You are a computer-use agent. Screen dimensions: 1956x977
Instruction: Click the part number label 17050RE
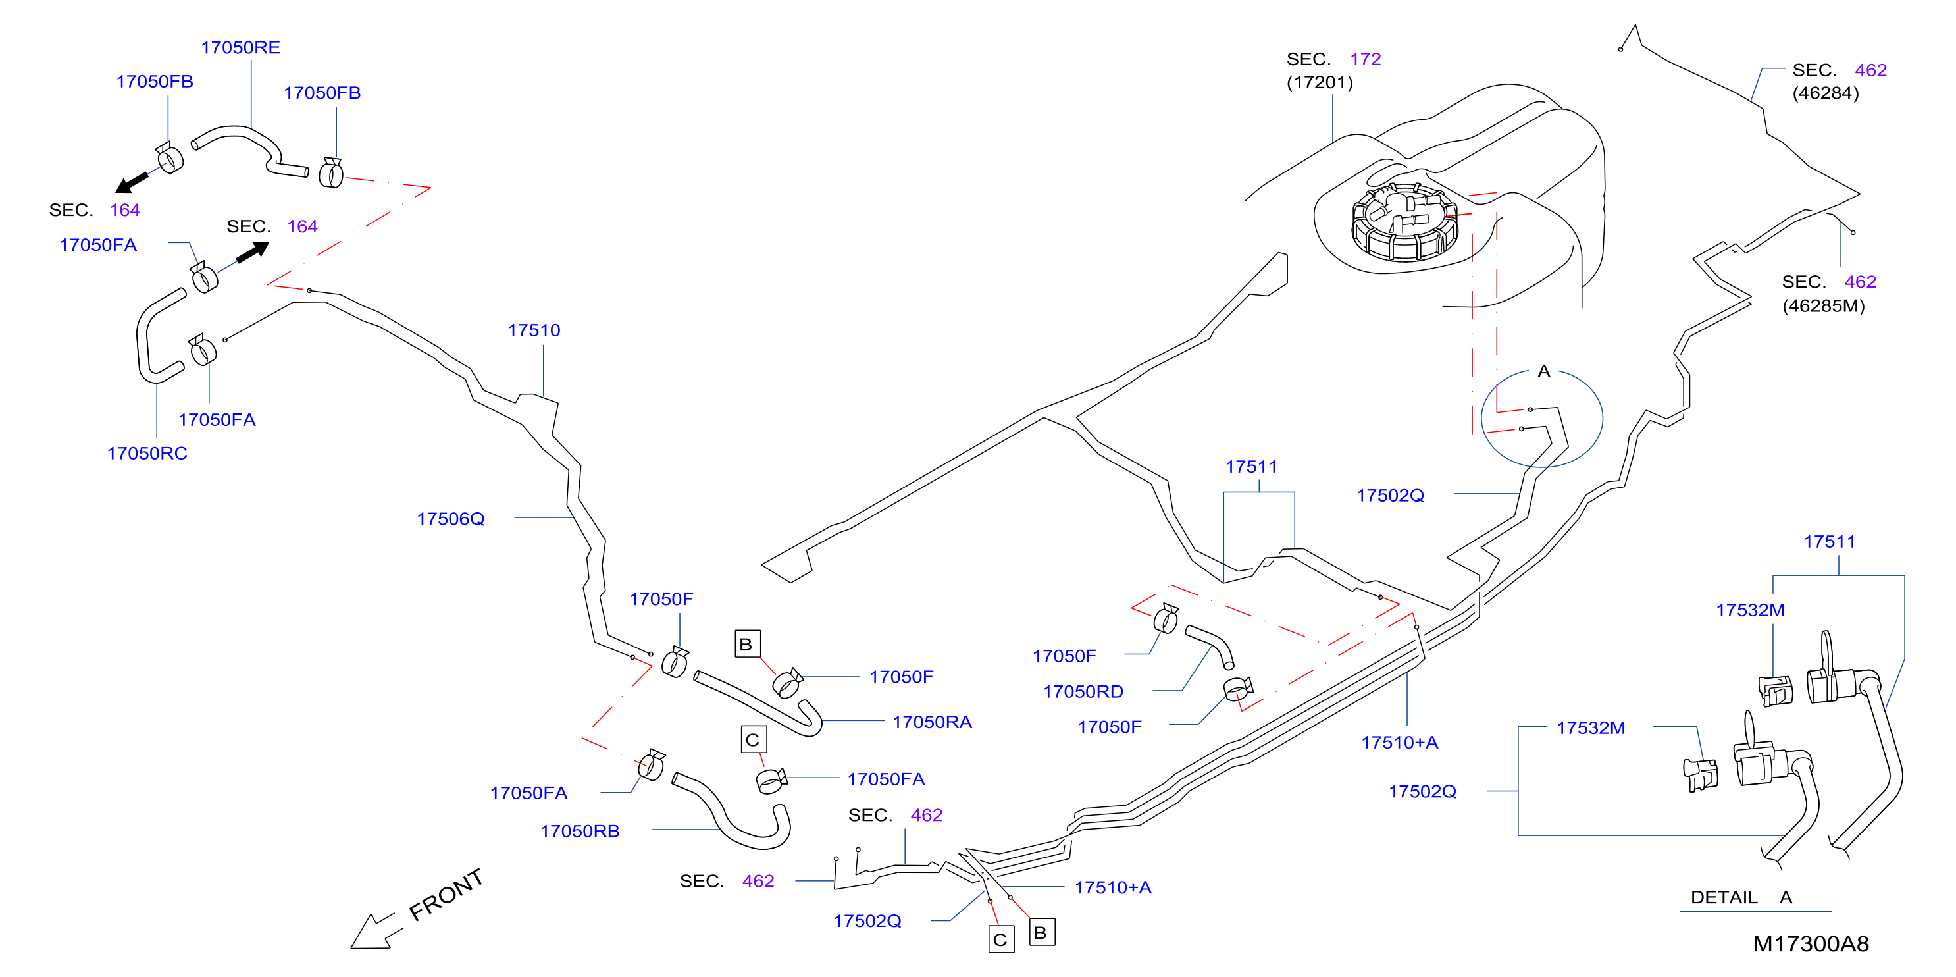pos(240,48)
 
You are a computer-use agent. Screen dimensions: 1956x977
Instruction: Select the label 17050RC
pos(147,454)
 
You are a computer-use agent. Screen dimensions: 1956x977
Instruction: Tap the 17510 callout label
pos(534,330)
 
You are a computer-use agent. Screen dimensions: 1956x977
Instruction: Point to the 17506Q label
pos(450,519)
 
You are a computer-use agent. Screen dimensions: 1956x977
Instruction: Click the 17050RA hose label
pos(932,722)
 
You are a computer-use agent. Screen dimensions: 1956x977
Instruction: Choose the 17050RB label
pos(579,831)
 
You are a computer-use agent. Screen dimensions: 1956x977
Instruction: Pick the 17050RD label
pos(1083,692)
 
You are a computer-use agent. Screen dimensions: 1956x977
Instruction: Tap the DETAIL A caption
pos(1741,897)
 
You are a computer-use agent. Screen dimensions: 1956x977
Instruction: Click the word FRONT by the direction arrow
pos(446,894)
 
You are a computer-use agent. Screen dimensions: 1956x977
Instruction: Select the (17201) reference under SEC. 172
pos(1320,82)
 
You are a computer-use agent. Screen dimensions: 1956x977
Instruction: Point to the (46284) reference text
pos(1826,93)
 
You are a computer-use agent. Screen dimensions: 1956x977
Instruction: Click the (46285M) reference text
pos(1823,305)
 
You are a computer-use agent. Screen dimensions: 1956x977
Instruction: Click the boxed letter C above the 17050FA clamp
pos(753,740)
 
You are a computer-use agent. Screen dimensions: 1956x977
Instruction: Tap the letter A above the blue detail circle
pos(1544,371)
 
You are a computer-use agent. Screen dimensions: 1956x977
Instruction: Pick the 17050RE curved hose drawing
pos(250,150)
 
